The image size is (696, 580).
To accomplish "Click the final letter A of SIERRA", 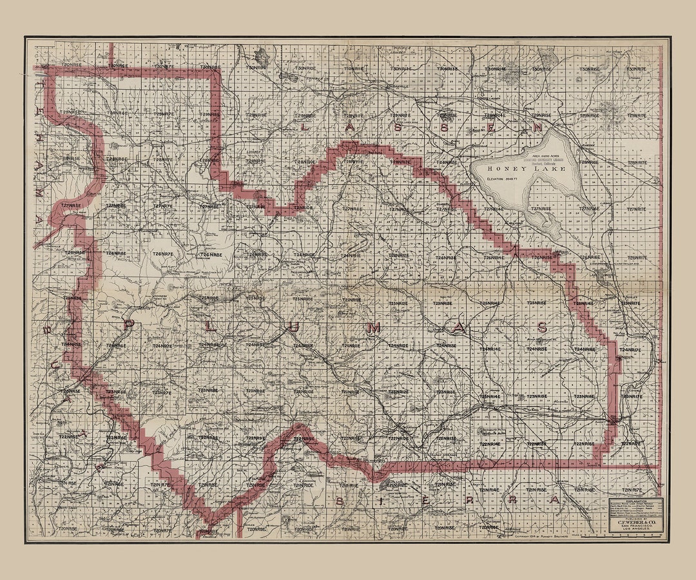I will (554, 501).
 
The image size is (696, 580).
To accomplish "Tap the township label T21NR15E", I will (581, 489).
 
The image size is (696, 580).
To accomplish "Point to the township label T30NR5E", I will (72, 65).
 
